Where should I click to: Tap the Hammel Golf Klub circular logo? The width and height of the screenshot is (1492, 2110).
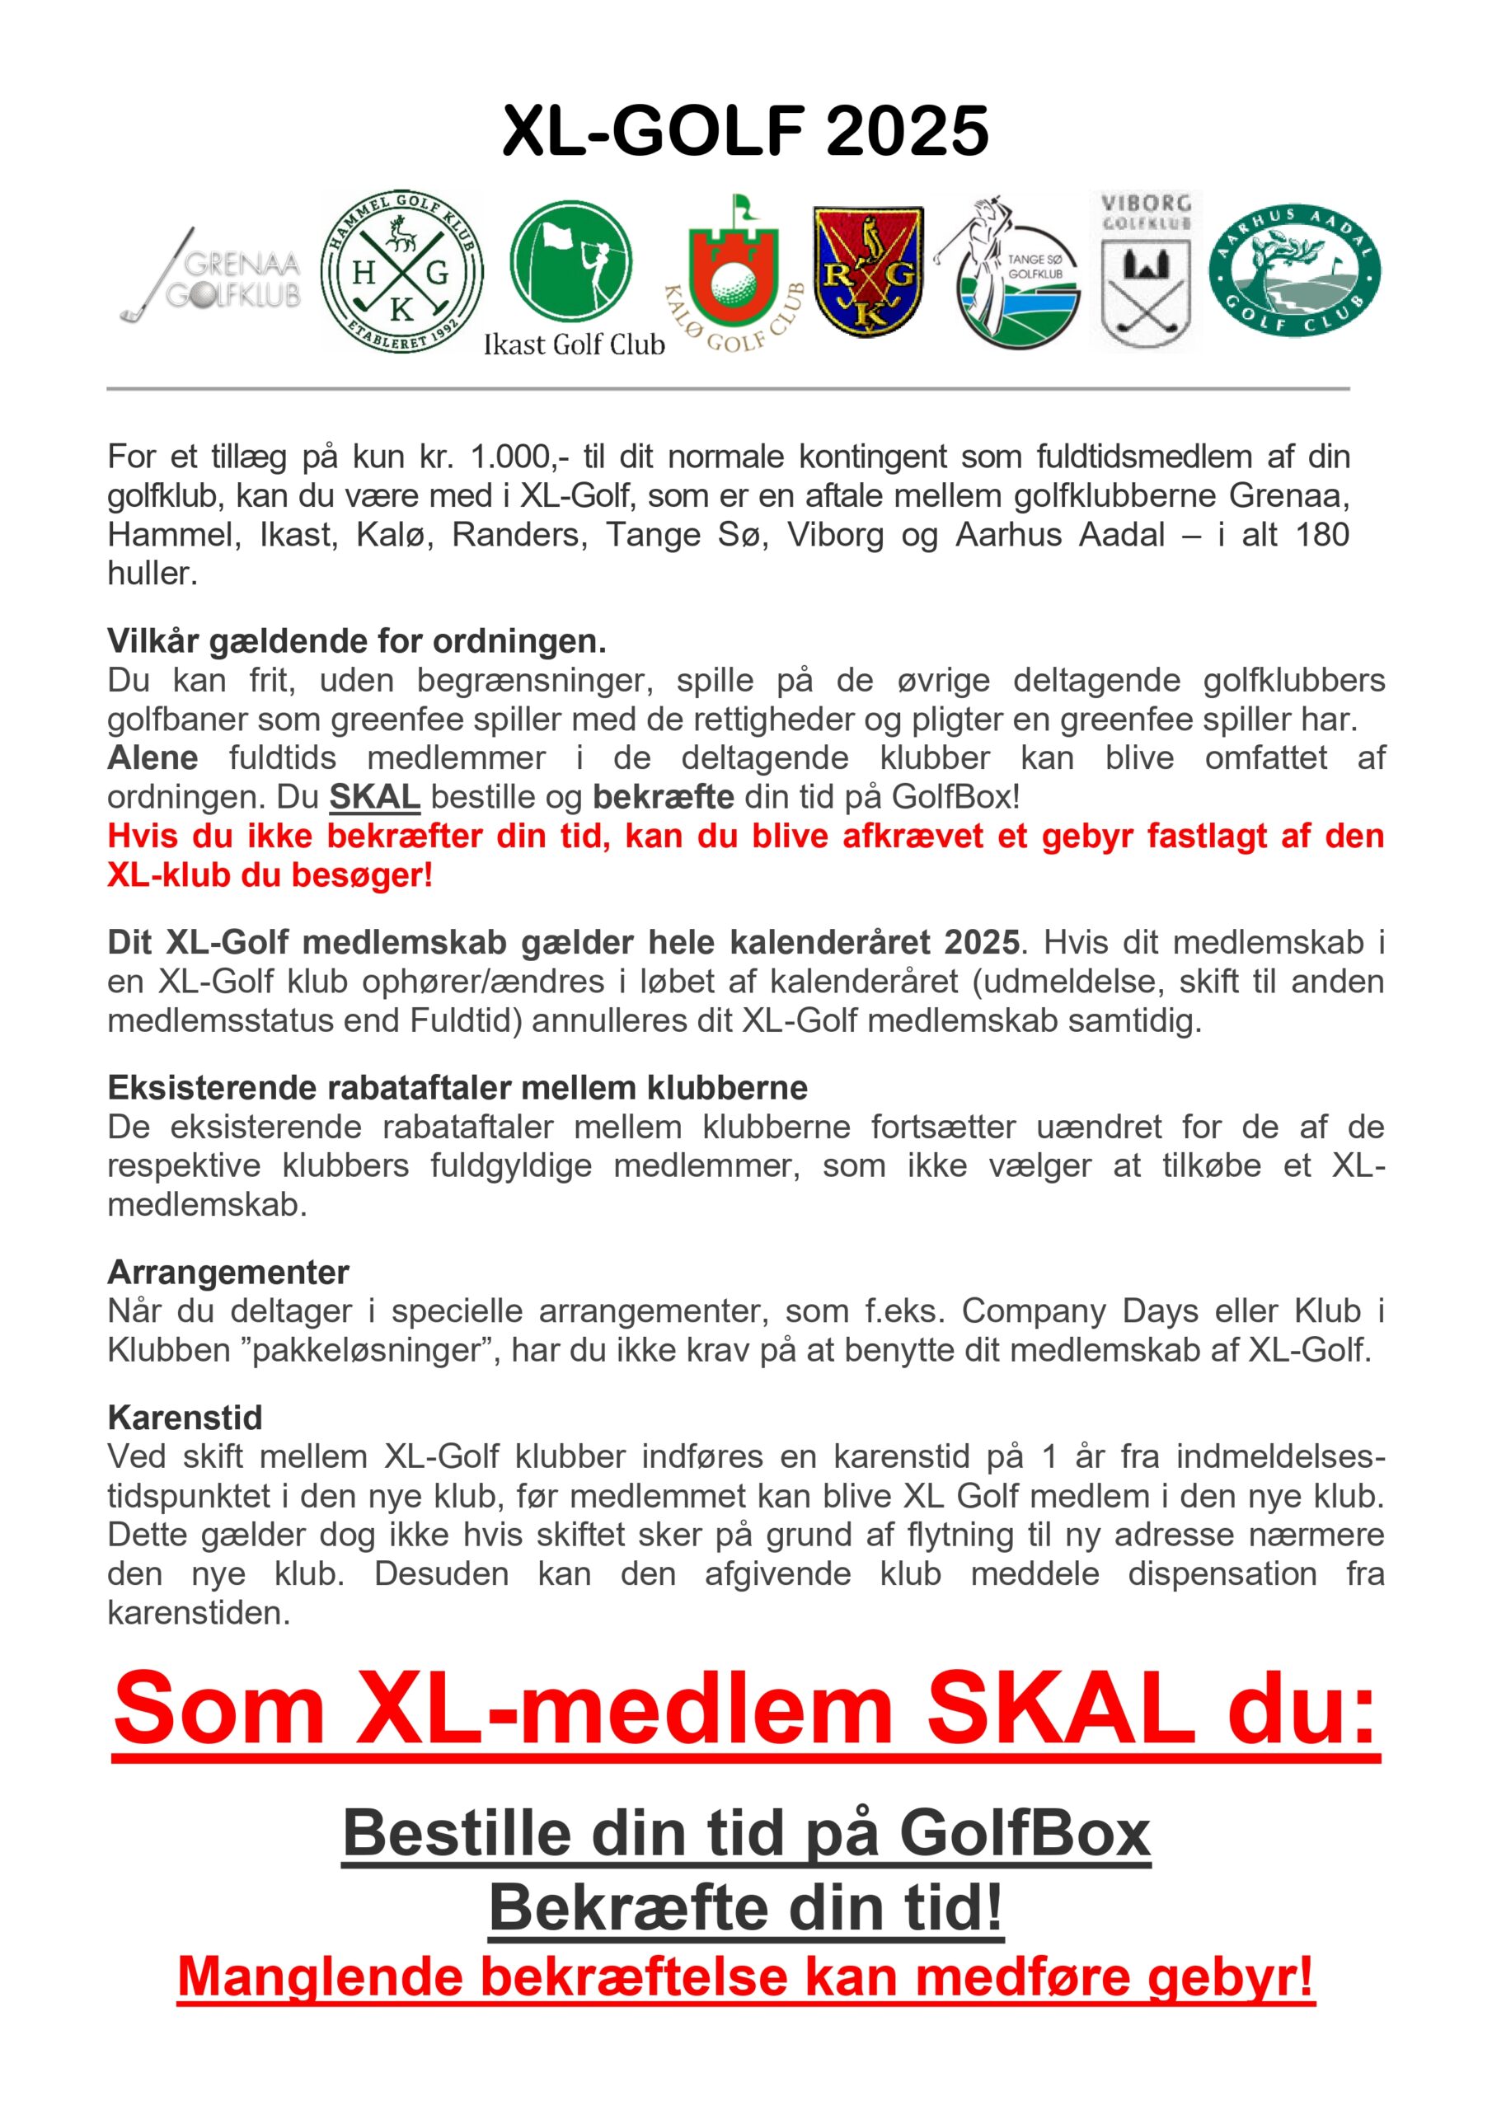tap(401, 272)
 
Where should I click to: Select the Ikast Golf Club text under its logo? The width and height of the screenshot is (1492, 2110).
tap(574, 345)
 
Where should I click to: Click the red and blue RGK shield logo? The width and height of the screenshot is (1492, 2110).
tap(868, 272)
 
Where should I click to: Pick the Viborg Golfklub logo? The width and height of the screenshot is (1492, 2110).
tap(1146, 270)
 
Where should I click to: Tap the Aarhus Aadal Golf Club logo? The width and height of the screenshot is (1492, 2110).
tap(1294, 271)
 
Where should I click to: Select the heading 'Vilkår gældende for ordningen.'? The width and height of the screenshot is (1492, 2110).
tap(357, 640)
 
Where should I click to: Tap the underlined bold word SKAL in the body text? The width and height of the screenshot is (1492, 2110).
tap(375, 797)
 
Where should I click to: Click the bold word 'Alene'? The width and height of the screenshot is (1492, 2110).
tap(152, 757)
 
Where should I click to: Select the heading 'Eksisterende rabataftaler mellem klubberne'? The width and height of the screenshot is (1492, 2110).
tap(457, 1087)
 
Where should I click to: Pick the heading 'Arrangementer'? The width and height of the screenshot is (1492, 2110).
tap(228, 1272)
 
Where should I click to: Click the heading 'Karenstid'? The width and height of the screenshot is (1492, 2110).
tap(185, 1417)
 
